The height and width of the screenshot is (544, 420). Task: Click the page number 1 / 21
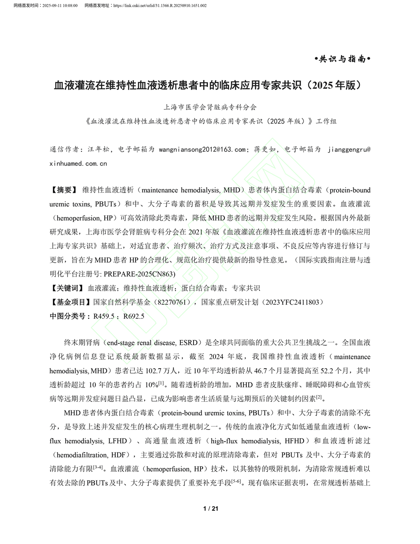211,508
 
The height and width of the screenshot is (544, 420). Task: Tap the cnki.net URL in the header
160,6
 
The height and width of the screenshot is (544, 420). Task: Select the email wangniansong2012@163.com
202,149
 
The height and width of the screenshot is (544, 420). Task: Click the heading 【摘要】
63,190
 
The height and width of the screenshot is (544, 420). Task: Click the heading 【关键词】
66,288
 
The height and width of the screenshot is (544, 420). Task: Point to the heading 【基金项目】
70,302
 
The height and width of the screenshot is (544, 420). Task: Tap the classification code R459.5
104,316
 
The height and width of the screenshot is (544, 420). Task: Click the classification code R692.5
134,316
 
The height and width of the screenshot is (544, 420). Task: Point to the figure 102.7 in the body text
154,371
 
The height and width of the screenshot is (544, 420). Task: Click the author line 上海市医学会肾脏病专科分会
210,107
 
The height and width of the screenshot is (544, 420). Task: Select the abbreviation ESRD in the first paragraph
188,343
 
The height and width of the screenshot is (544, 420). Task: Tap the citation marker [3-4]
98,468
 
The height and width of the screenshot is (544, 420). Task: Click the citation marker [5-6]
237,482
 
